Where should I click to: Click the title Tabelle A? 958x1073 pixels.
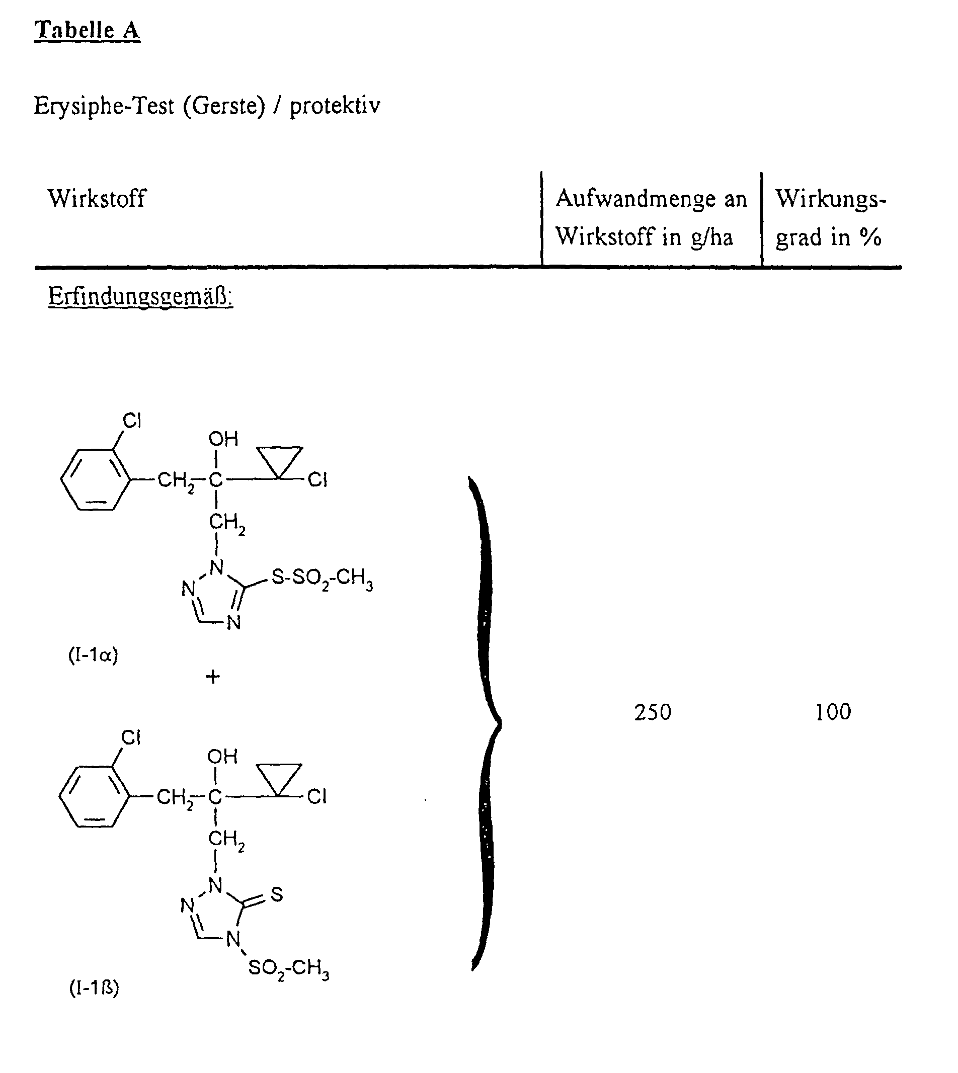pyautogui.click(x=88, y=31)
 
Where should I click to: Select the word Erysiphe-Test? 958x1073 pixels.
pyautogui.click(x=104, y=106)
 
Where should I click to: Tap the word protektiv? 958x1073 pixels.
pyautogui.click(x=335, y=106)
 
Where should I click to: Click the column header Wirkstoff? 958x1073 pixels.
pyautogui.click(x=97, y=199)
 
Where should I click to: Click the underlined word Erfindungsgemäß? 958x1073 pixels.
pyautogui.click(x=140, y=296)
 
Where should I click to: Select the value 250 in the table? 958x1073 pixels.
pyautogui.click(x=653, y=712)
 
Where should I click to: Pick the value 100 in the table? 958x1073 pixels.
pyautogui.click(x=833, y=712)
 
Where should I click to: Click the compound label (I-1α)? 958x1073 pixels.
pyautogui.click(x=93, y=655)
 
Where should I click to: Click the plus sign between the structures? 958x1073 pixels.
pyautogui.click(x=213, y=677)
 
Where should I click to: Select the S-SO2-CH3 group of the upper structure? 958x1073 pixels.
pyautogui.click(x=322, y=579)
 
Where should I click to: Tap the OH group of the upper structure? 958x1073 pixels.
pyautogui.click(x=223, y=439)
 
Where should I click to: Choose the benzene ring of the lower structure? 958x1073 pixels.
pyautogui.click(x=94, y=796)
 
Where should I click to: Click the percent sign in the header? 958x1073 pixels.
pyautogui.click(x=870, y=238)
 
